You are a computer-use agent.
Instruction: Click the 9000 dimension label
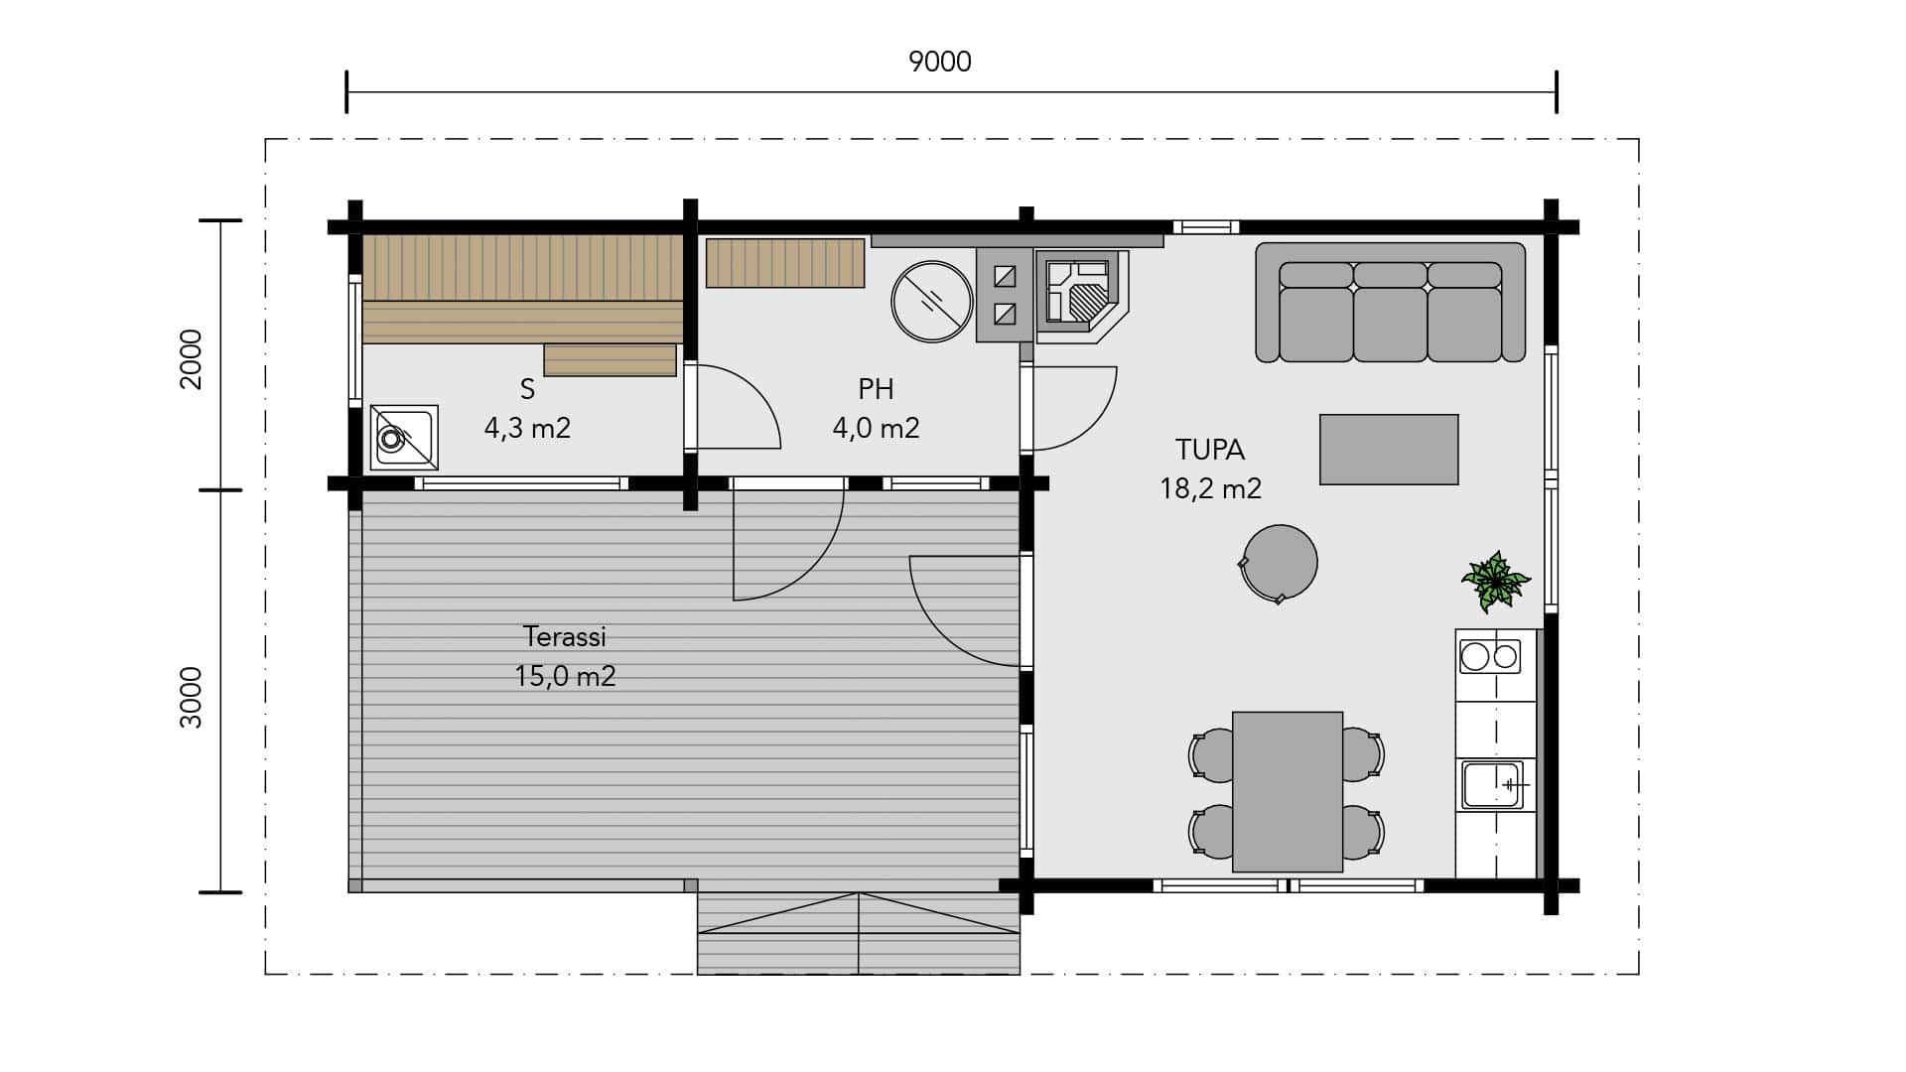(x=939, y=62)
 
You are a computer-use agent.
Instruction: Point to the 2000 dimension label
(x=191, y=359)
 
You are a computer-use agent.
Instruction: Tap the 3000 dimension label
(x=191, y=698)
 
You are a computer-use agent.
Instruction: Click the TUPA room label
(x=1209, y=450)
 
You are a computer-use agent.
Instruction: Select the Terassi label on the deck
(x=564, y=636)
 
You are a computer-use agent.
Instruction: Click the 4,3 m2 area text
(x=527, y=429)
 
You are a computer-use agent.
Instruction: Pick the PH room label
(x=876, y=389)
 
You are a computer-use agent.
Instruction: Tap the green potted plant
(x=1494, y=582)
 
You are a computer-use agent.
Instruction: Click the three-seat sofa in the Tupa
(x=1390, y=303)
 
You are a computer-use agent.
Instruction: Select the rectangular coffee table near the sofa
(x=1389, y=450)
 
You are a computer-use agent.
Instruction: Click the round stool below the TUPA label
(x=1279, y=563)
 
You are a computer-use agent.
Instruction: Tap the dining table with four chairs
(x=1287, y=791)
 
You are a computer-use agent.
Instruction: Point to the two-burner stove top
(x=1489, y=656)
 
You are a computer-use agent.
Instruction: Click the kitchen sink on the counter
(x=1491, y=784)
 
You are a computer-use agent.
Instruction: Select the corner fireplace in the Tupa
(x=1082, y=297)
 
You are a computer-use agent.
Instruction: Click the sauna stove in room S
(x=404, y=437)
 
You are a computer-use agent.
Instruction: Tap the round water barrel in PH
(x=931, y=302)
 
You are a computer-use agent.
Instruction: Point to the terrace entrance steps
(x=859, y=933)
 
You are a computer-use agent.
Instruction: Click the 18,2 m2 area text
(x=1210, y=489)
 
